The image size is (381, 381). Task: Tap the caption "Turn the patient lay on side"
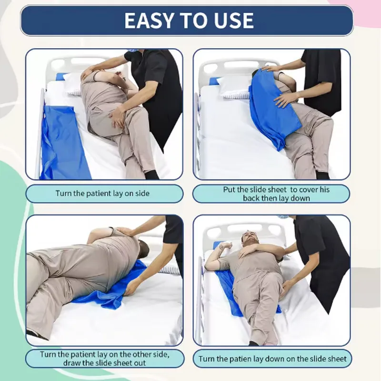pyautogui.click(x=102, y=193)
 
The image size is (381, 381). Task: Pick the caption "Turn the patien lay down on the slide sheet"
pyautogui.click(x=272, y=359)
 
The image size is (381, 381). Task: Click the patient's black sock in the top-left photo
pyautogui.click(x=151, y=175)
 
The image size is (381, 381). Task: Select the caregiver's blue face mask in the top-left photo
pyautogui.click(x=131, y=50)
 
